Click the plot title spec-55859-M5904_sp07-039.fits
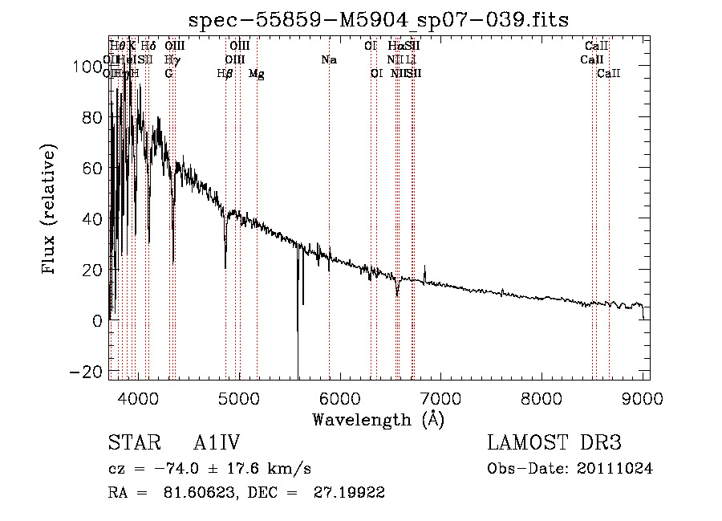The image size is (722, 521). [x=378, y=20]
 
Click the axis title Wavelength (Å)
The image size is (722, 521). [x=378, y=419]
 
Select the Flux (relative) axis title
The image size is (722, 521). [x=50, y=209]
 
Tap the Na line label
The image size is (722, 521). [x=328, y=60]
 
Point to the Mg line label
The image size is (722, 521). [x=257, y=74]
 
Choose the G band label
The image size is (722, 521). [x=168, y=74]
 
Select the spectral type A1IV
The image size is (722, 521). [x=217, y=443]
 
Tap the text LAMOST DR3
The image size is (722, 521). [x=554, y=443]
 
